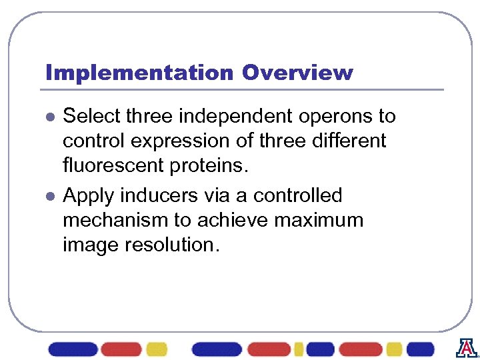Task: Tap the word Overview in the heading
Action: coord(297,73)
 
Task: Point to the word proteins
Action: coord(210,166)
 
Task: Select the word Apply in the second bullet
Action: coord(90,196)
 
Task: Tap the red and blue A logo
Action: coord(466,348)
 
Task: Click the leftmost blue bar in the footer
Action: coord(73,349)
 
